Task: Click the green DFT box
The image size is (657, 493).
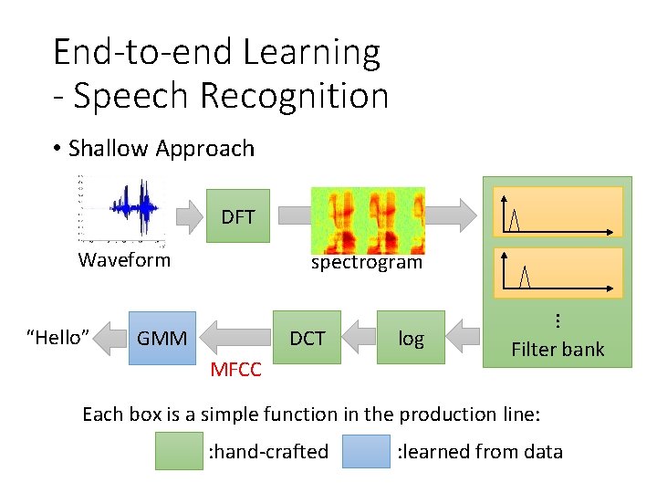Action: pos(237,216)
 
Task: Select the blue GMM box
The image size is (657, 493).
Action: pos(162,339)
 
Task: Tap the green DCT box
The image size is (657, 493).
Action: pos(307,338)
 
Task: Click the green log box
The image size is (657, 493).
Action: pos(411,339)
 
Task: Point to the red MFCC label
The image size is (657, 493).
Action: pos(235,370)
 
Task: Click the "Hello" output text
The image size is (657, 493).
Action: pos(57,338)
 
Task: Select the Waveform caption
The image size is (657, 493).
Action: pos(124,260)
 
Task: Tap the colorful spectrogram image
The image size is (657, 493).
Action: pos(368,220)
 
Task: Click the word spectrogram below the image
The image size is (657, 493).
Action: pos(367,263)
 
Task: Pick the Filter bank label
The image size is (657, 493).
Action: pos(558,349)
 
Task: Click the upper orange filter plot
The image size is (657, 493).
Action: pos(558,212)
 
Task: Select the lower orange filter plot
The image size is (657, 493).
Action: pos(558,272)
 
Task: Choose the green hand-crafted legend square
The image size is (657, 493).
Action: pos(179,451)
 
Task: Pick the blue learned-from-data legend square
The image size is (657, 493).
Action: pos(365,451)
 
